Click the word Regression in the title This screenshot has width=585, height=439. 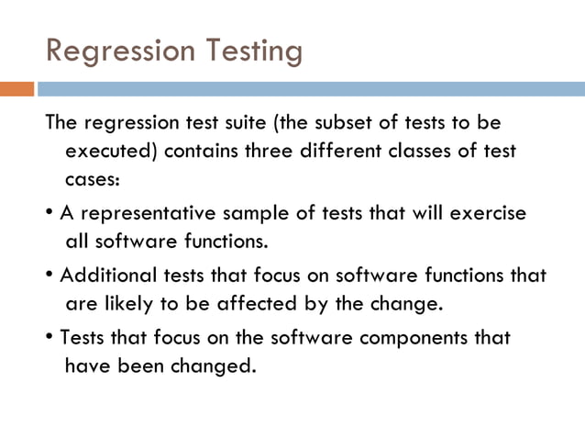pyautogui.click(x=120, y=51)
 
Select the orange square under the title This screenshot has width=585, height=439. pyautogui.click(x=17, y=90)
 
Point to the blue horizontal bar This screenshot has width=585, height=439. pyautogui.click(x=312, y=90)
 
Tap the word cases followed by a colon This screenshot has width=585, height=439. pyautogui.click(x=92, y=179)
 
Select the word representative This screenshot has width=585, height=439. pyautogui.click(x=146, y=213)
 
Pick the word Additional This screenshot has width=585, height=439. pyautogui.click(x=103, y=276)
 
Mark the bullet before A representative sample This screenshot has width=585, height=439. pyautogui.click(x=48, y=214)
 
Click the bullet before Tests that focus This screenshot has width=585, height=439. pyautogui.click(x=48, y=338)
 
